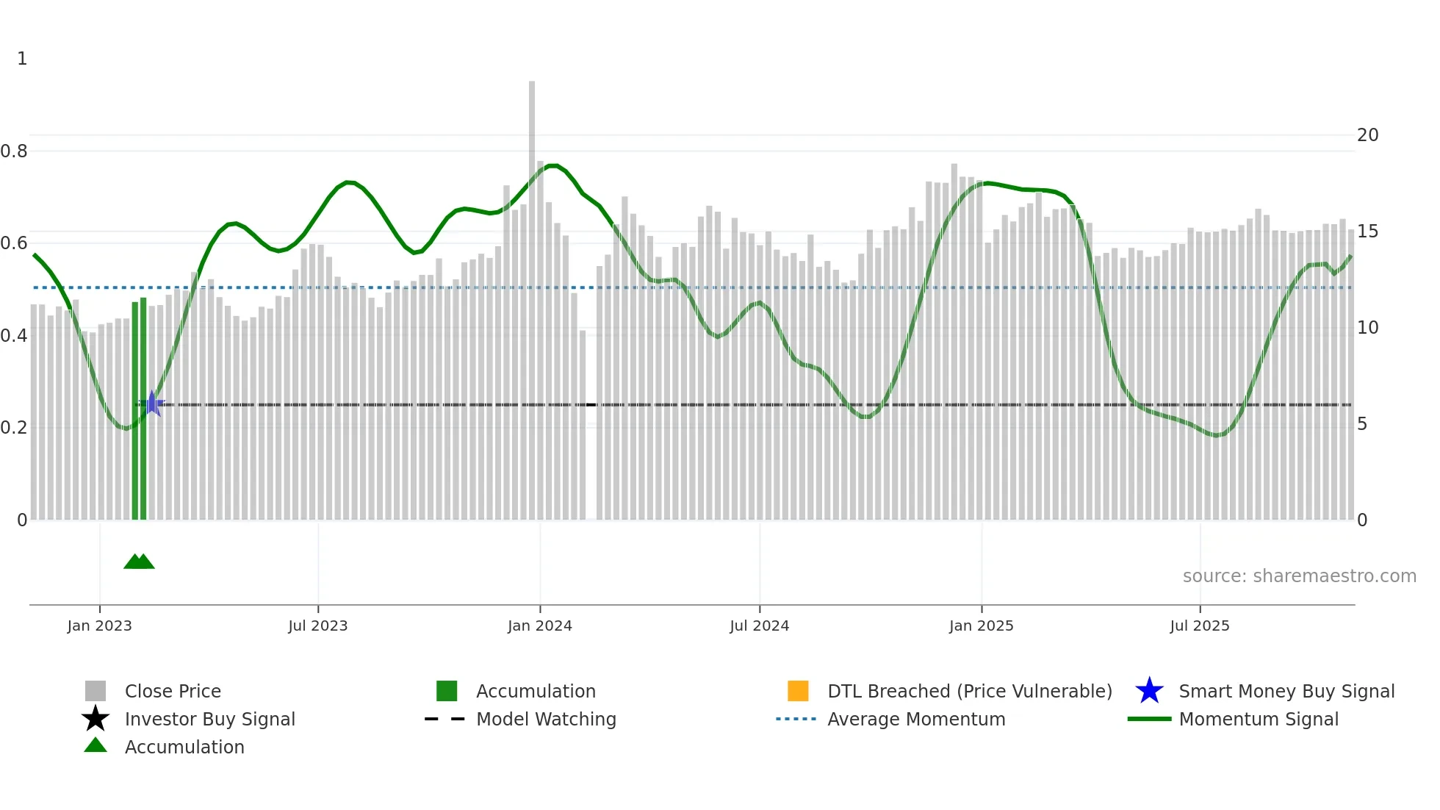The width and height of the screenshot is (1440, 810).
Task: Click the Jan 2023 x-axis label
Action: (x=99, y=626)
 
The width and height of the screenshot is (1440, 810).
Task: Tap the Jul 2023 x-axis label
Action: (x=317, y=626)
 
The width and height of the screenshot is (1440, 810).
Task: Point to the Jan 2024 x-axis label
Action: (x=539, y=626)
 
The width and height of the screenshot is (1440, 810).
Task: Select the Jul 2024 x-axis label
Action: (x=759, y=626)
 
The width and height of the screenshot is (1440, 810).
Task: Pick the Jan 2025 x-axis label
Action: (x=981, y=626)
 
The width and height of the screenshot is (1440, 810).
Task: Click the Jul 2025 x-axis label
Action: (x=1199, y=626)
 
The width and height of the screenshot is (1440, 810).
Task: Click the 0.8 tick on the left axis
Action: (x=14, y=151)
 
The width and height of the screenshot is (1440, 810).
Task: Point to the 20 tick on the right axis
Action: (x=1367, y=135)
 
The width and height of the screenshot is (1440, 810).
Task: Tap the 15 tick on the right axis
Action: (x=1367, y=232)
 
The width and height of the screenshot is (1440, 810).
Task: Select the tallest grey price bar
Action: (x=532, y=294)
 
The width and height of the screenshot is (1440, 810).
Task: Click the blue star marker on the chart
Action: (x=152, y=404)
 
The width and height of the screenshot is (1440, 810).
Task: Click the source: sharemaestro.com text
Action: (x=1299, y=576)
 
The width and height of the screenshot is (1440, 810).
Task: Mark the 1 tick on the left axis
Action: (x=22, y=59)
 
